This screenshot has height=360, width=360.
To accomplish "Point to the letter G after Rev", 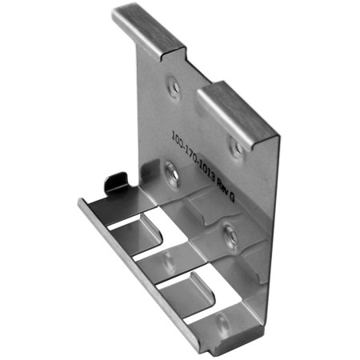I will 232,194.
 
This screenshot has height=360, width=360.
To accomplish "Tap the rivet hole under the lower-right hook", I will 236,146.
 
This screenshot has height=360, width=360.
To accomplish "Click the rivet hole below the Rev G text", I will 229,234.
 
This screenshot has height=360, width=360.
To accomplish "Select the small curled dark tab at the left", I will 117,183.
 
